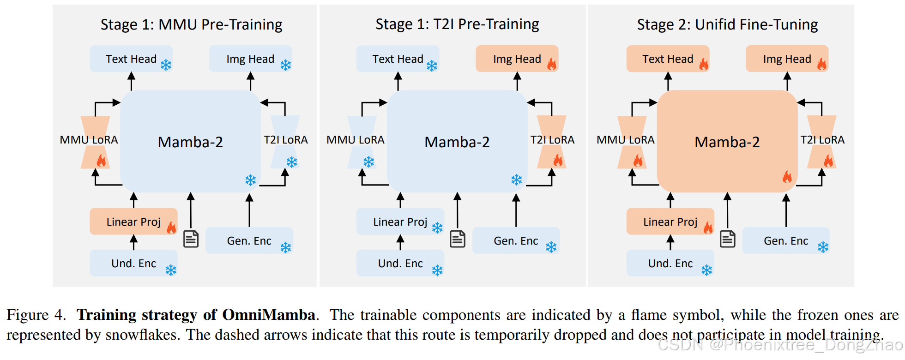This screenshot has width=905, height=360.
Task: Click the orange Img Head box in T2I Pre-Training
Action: point(516,59)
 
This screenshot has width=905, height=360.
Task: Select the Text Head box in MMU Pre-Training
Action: point(131,59)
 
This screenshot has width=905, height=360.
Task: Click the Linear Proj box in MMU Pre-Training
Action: point(133,222)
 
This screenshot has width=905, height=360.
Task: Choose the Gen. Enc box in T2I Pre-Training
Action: point(515,240)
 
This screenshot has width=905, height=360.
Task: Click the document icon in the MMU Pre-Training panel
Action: point(191,239)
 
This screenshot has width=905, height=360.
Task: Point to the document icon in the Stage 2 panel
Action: point(727,239)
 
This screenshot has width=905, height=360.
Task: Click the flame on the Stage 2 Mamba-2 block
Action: point(787,177)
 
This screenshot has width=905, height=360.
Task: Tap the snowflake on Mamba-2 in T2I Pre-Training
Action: point(516,180)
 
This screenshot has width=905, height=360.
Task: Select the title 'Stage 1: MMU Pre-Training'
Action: point(191,24)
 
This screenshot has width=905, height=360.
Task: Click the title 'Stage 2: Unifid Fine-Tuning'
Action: point(727,24)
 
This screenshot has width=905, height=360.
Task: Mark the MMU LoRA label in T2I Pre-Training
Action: point(355,140)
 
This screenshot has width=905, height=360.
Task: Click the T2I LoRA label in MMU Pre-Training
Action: point(285,140)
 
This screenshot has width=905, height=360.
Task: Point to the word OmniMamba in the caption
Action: point(269,315)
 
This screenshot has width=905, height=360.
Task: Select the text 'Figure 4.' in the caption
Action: point(36,315)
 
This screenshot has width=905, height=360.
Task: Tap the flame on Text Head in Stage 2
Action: point(703,64)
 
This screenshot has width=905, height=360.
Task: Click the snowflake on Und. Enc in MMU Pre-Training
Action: point(171,270)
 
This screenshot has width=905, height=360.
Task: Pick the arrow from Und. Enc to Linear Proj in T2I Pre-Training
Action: point(400,242)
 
